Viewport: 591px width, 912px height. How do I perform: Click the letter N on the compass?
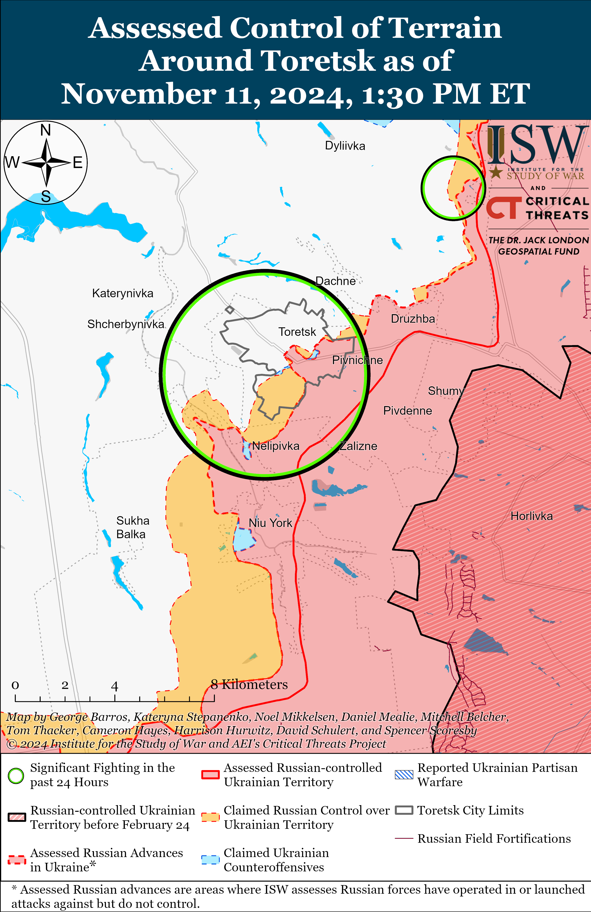[x=46, y=130]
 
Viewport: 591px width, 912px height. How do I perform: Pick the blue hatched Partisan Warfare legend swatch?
[x=404, y=775]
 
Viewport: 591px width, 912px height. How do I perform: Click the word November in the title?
[x=138, y=94]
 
